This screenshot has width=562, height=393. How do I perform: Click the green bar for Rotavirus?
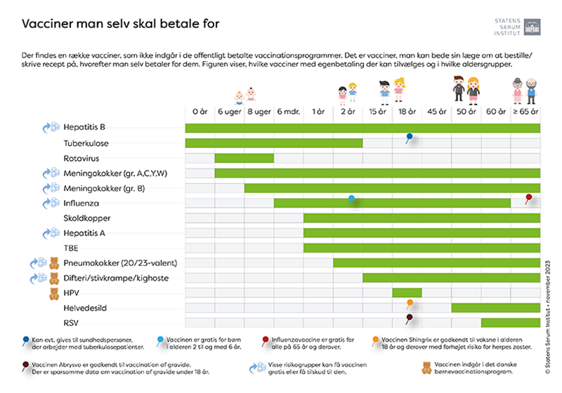pyautogui.click(x=244, y=158)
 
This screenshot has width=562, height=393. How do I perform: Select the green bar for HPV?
pyautogui.click(x=407, y=293)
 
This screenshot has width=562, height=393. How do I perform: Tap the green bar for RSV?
pyautogui.click(x=510, y=323)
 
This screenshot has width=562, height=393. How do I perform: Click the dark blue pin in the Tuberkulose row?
pyautogui.click(x=408, y=137)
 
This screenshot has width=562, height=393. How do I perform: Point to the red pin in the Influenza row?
pyautogui.click(x=528, y=198)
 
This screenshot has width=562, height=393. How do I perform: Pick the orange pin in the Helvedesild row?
pyautogui.click(x=409, y=302)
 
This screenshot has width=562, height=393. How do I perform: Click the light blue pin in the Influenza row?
pyautogui.click(x=351, y=199)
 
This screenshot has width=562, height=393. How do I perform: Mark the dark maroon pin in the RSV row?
pyautogui.click(x=408, y=318)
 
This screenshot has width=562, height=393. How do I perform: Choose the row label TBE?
pyautogui.click(x=71, y=248)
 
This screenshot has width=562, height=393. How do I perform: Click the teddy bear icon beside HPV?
pyautogui.click(x=53, y=293)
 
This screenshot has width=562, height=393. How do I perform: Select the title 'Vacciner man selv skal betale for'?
pyautogui.click(x=121, y=24)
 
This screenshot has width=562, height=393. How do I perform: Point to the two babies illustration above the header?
pyautogui.click(x=244, y=95)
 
